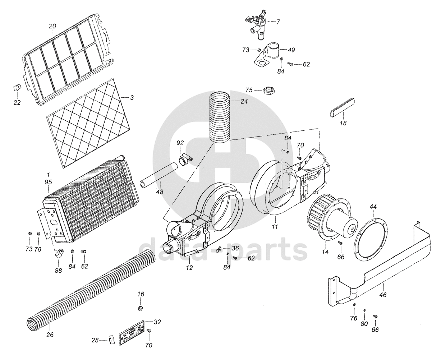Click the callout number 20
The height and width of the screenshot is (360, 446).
[52, 26]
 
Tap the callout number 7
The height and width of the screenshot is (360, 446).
[278, 22]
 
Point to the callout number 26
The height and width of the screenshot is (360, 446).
[50, 334]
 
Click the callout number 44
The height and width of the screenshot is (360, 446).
[373, 207]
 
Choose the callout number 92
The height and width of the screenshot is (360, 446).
[180, 143]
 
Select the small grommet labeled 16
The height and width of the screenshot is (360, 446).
[141, 308]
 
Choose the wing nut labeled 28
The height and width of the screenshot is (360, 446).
[111, 339]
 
